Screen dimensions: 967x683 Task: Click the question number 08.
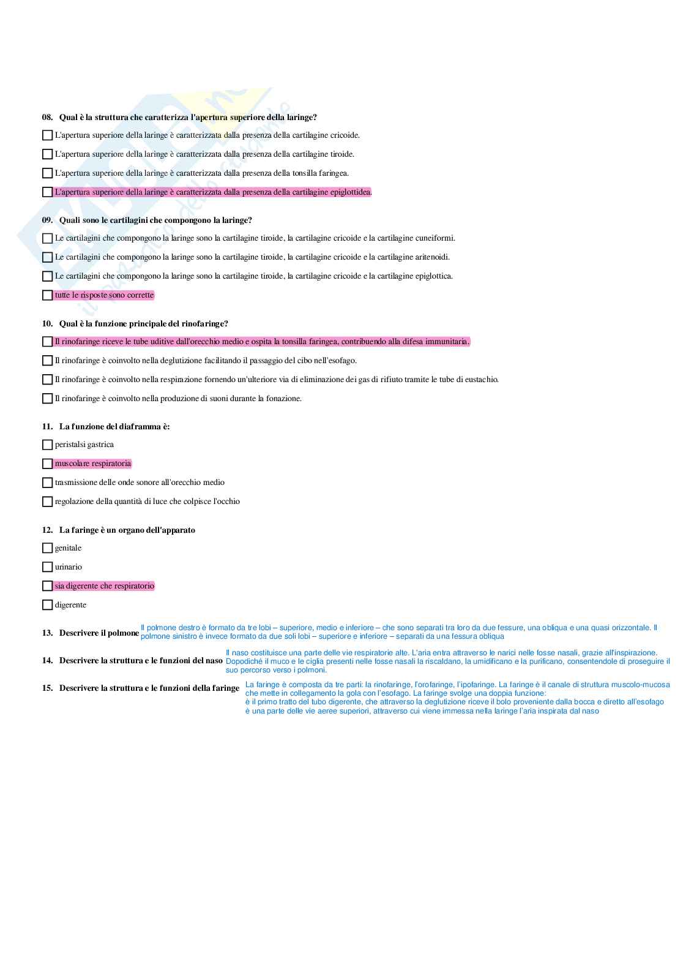[47, 117]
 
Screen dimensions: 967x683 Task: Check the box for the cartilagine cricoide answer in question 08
[47, 135]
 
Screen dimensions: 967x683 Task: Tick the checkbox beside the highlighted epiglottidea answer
[47, 192]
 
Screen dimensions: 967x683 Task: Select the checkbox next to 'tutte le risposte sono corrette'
[47, 295]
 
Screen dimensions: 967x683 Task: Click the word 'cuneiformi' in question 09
[435, 238]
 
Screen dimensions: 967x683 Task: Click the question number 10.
[47, 323]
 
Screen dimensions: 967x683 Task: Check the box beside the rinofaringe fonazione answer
[47, 399]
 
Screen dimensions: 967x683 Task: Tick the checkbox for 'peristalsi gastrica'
[47, 445]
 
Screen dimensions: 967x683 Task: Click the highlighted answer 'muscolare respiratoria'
[93, 464]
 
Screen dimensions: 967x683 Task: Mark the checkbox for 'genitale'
[47, 548]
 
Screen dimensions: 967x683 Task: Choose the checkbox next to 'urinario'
[47, 567]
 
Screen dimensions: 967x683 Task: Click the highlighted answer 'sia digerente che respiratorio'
[105, 586]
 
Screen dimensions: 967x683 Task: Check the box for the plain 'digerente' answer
[47, 605]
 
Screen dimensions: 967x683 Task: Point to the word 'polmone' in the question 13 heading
[124, 633]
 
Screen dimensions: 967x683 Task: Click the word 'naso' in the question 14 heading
[214, 660]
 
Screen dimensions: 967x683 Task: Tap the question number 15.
[47, 688]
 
